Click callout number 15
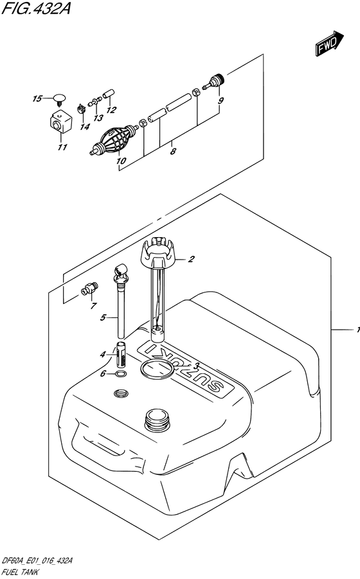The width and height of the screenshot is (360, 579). coord(37,98)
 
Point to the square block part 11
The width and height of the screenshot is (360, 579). coord(60,122)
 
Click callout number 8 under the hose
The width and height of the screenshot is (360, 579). coord(172,152)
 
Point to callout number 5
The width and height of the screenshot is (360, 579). coord(103,317)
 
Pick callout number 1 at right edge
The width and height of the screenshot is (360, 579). coord(355,330)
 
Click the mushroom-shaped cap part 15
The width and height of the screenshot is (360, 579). coord(60,98)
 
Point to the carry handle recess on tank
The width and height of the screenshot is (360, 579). coord(96,443)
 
